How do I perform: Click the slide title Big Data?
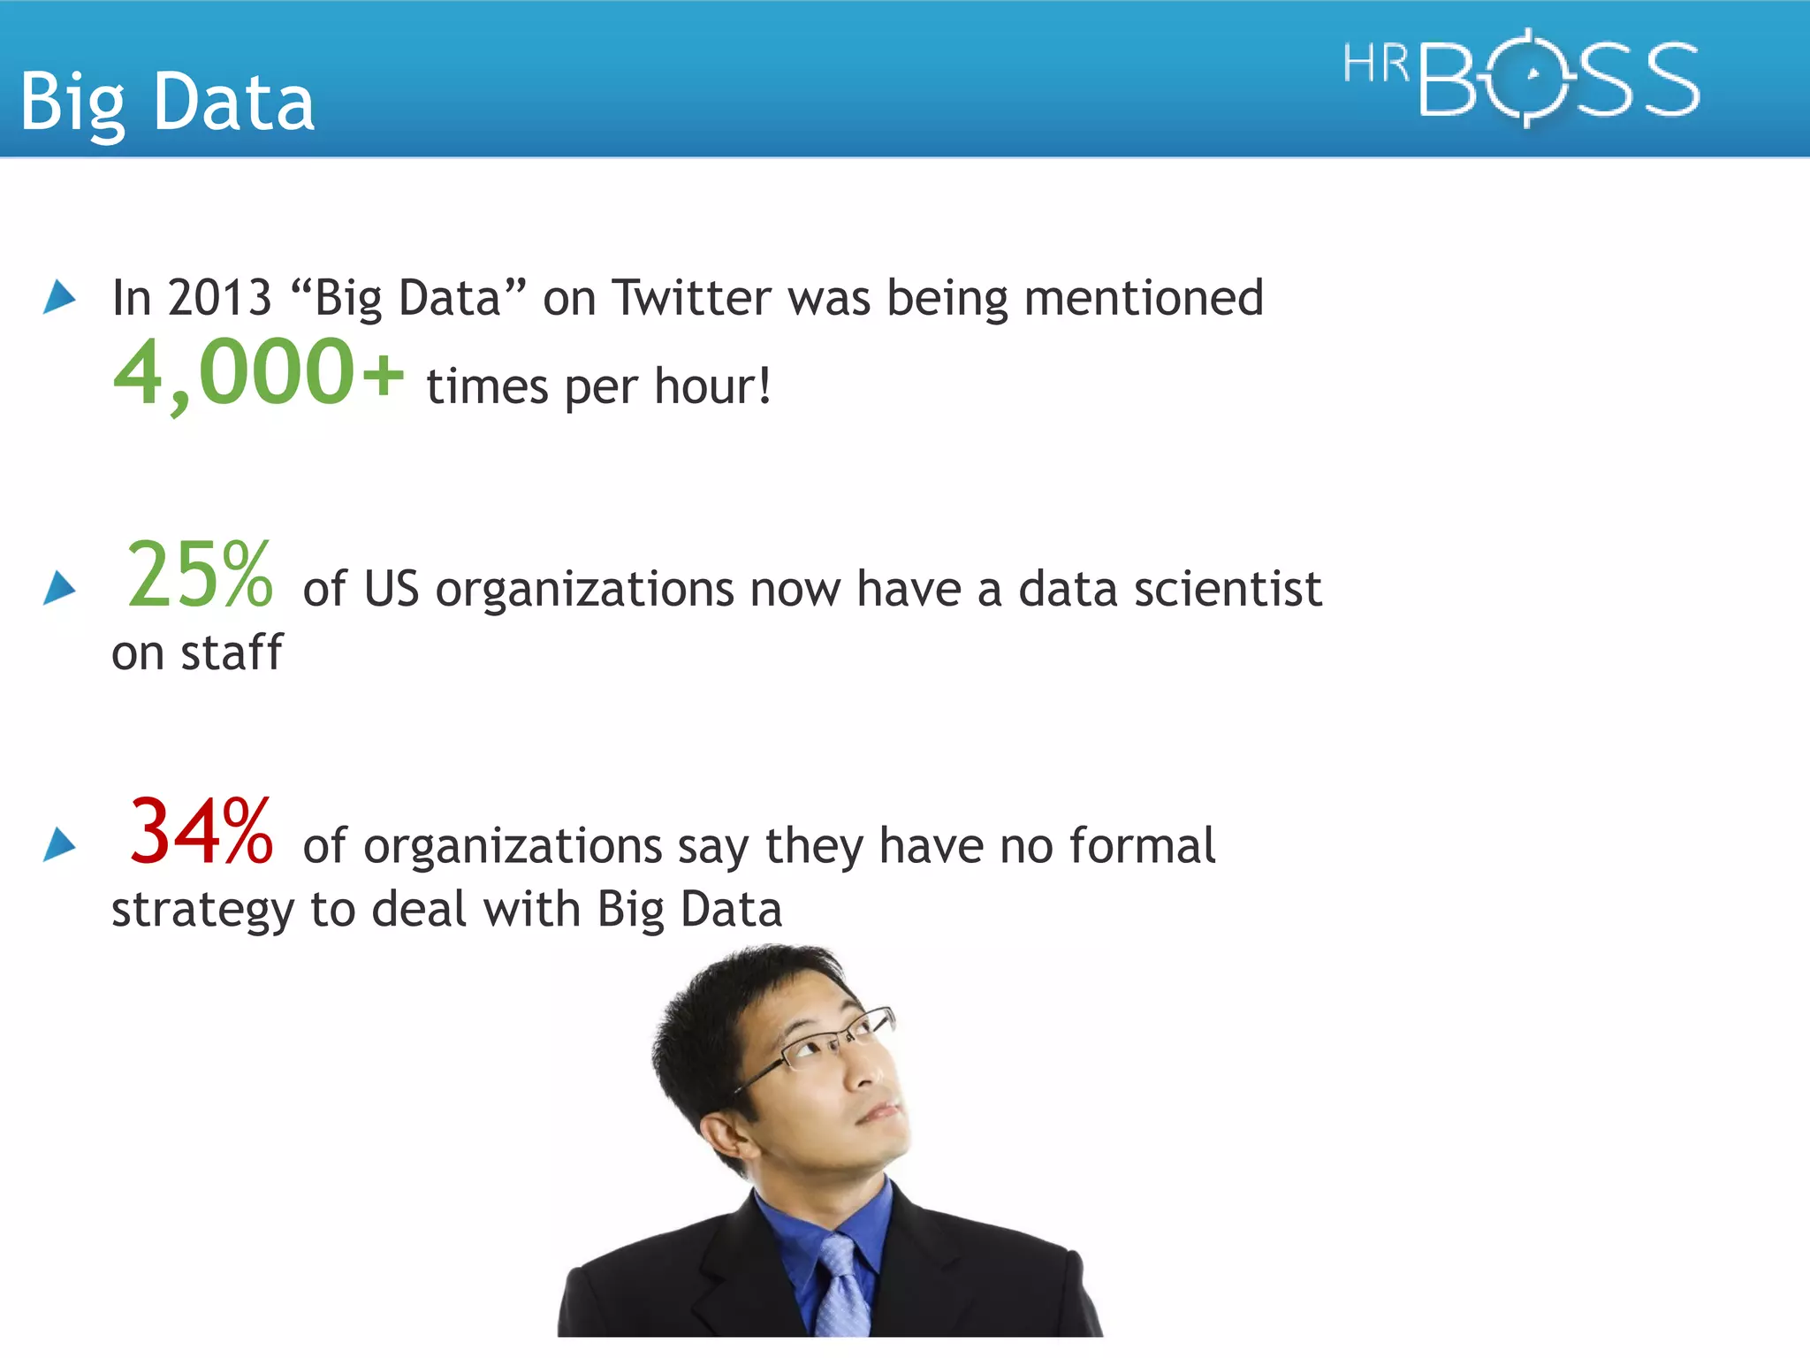click(167, 103)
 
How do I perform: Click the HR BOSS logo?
click(1520, 78)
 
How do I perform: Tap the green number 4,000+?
click(258, 374)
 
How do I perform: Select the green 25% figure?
click(200, 576)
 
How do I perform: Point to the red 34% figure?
click(201, 833)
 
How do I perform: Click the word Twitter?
click(691, 298)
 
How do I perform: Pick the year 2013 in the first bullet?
click(219, 298)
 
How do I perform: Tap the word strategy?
click(202, 911)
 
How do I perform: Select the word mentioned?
click(1144, 298)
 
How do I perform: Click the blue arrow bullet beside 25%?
click(59, 588)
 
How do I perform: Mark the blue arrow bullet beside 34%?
click(59, 844)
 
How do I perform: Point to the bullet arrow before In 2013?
click(59, 297)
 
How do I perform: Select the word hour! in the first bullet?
click(712, 387)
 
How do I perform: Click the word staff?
click(232, 653)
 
